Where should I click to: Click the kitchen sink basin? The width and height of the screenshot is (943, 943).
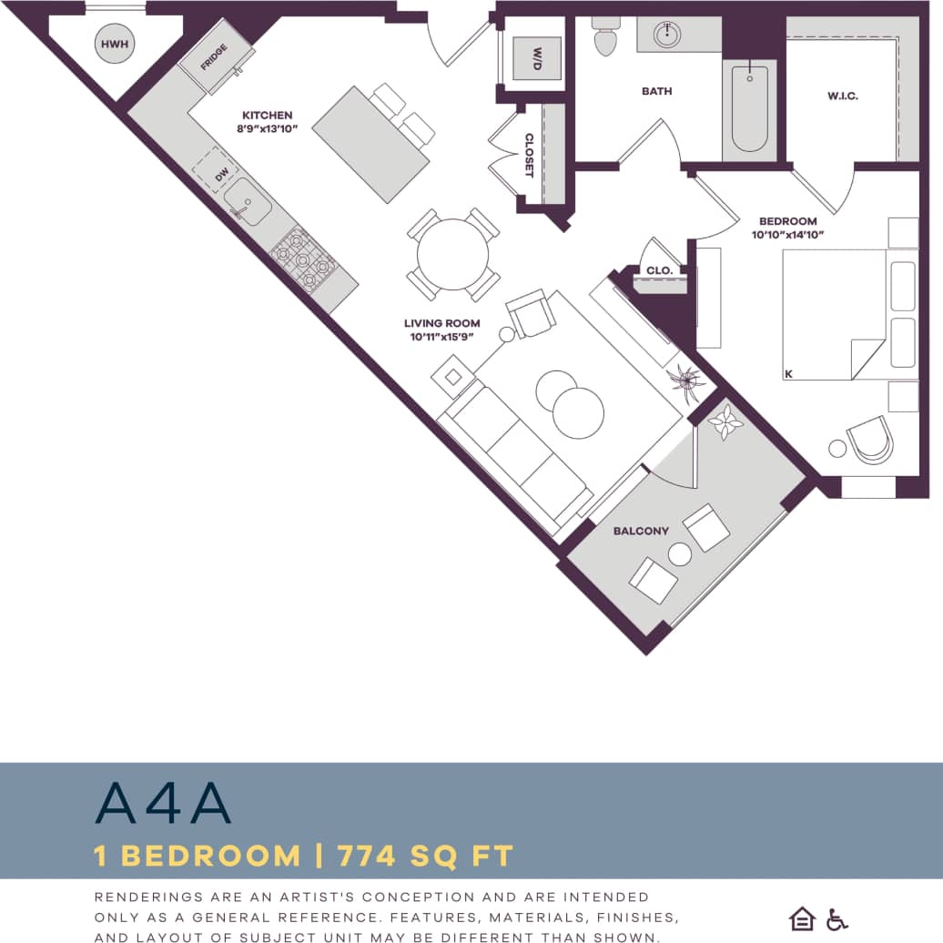tap(247, 202)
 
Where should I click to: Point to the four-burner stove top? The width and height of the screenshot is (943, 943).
tap(303, 259)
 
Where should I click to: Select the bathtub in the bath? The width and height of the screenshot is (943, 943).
tap(750, 107)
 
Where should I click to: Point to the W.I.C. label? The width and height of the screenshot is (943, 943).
tap(843, 96)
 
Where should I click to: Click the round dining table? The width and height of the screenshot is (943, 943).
tap(452, 255)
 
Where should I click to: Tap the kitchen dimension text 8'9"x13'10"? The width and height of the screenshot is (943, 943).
tap(268, 129)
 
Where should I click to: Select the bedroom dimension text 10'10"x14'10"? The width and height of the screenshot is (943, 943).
tap(788, 235)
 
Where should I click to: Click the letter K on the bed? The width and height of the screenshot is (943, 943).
tap(789, 373)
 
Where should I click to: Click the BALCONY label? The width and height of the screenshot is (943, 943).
tap(641, 531)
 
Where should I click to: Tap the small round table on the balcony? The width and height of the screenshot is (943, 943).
tap(680, 553)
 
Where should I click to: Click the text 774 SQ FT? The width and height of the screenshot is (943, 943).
tap(425, 857)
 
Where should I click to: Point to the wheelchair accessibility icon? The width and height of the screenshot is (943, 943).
tap(837, 918)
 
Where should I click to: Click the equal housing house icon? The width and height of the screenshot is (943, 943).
tap(802, 918)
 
